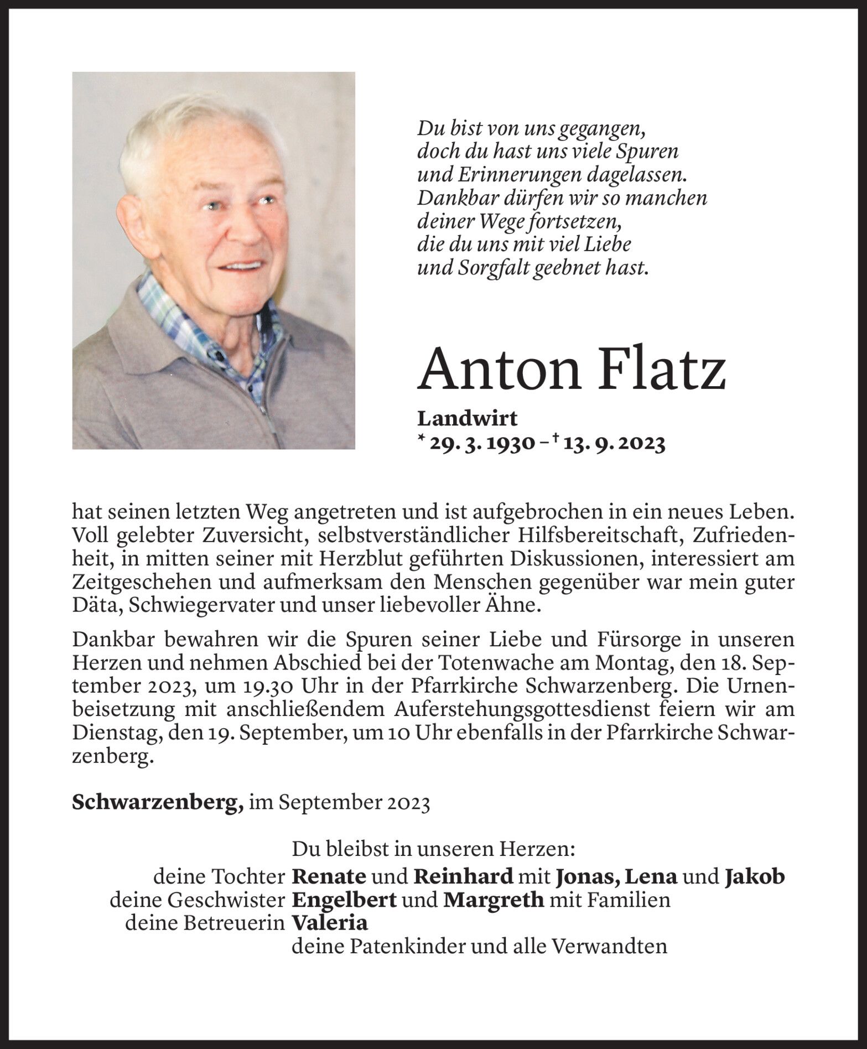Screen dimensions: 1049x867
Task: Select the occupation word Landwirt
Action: pos(467,419)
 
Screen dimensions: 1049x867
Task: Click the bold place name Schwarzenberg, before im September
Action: pos(158,803)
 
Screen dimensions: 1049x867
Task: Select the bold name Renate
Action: pos(329,876)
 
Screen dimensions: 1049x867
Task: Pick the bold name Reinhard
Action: pos(464,876)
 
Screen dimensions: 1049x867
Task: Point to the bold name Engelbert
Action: pos(344,900)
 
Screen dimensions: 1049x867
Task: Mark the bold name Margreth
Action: pos(494,900)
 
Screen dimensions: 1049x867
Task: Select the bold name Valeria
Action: pos(330,923)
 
